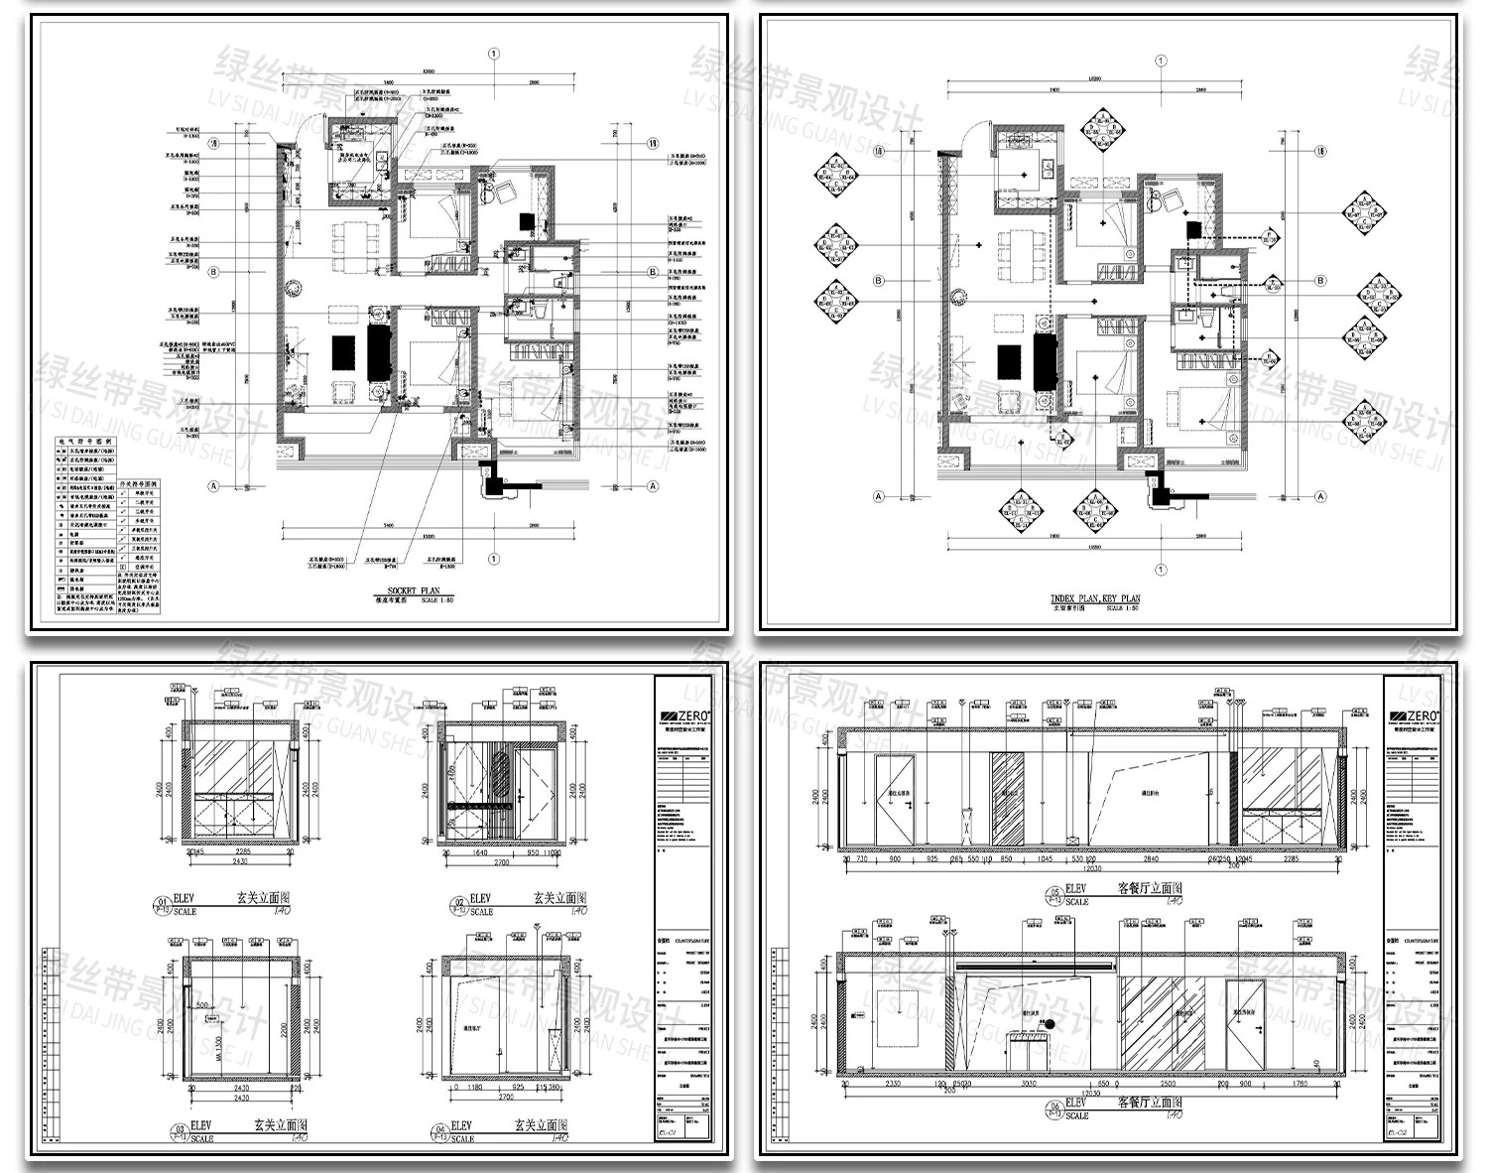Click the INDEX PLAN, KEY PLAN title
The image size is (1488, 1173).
click(x=1095, y=598)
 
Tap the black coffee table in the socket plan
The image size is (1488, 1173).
click(x=342, y=352)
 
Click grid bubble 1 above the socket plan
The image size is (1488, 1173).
click(x=493, y=55)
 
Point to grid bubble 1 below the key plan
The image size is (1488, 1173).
click(x=1161, y=570)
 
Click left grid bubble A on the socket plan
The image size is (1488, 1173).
click(x=212, y=486)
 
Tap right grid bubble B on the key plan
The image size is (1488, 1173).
click(x=1320, y=281)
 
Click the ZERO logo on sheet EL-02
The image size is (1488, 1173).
click(x=1416, y=717)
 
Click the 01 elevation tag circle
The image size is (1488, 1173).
click(x=161, y=903)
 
